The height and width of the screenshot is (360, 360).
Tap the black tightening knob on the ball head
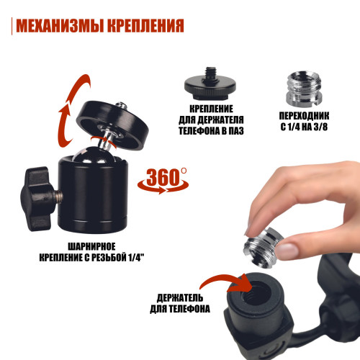pyautogui.click(x=36, y=199)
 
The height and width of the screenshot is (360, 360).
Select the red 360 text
pyautogui.click(x=163, y=177)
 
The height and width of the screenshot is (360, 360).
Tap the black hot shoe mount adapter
pyautogui.click(x=210, y=84)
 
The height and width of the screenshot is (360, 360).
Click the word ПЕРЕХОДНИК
pyautogui.click(x=304, y=116)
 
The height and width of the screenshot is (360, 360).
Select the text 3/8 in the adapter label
pyautogui.click(x=320, y=127)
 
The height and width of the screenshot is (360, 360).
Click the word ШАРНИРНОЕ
pyautogui.click(x=91, y=246)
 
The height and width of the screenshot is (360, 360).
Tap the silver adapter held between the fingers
pyautogui.click(x=264, y=247)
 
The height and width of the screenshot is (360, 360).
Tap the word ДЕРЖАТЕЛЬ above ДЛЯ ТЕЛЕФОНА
pyautogui.click(x=180, y=298)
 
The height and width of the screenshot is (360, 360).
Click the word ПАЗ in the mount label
pyautogui.click(x=236, y=131)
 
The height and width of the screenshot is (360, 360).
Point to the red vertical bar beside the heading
pyautogui.click(x=12, y=26)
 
